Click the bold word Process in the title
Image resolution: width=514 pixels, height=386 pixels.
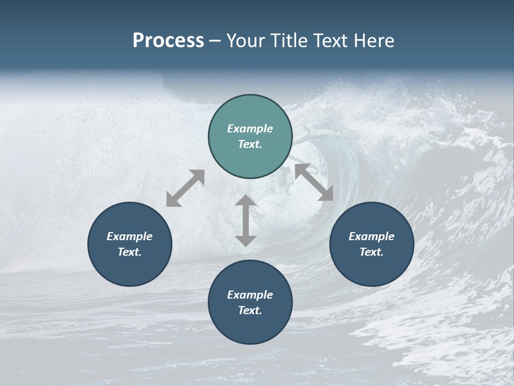click(168, 41)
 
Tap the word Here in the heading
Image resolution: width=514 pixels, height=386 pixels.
click(374, 41)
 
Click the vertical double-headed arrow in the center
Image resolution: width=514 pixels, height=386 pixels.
click(246, 221)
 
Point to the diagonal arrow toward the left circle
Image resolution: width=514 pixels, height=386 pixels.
click(185, 188)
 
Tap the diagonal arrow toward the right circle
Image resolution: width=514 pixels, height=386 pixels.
click(314, 182)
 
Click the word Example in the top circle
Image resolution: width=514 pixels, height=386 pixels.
click(250, 129)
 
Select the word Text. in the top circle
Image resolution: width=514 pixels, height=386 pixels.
click(250, 144)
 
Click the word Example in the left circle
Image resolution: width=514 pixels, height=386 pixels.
click(130, 236)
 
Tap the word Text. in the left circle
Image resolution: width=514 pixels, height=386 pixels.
click(130, 252)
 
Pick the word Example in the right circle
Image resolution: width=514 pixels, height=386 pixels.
click(372, 236)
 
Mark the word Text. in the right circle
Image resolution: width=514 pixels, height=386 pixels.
click(372, 252)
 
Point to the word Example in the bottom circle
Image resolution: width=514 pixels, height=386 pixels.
click(250, 295)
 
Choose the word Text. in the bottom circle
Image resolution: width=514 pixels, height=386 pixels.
click(250, 310)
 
